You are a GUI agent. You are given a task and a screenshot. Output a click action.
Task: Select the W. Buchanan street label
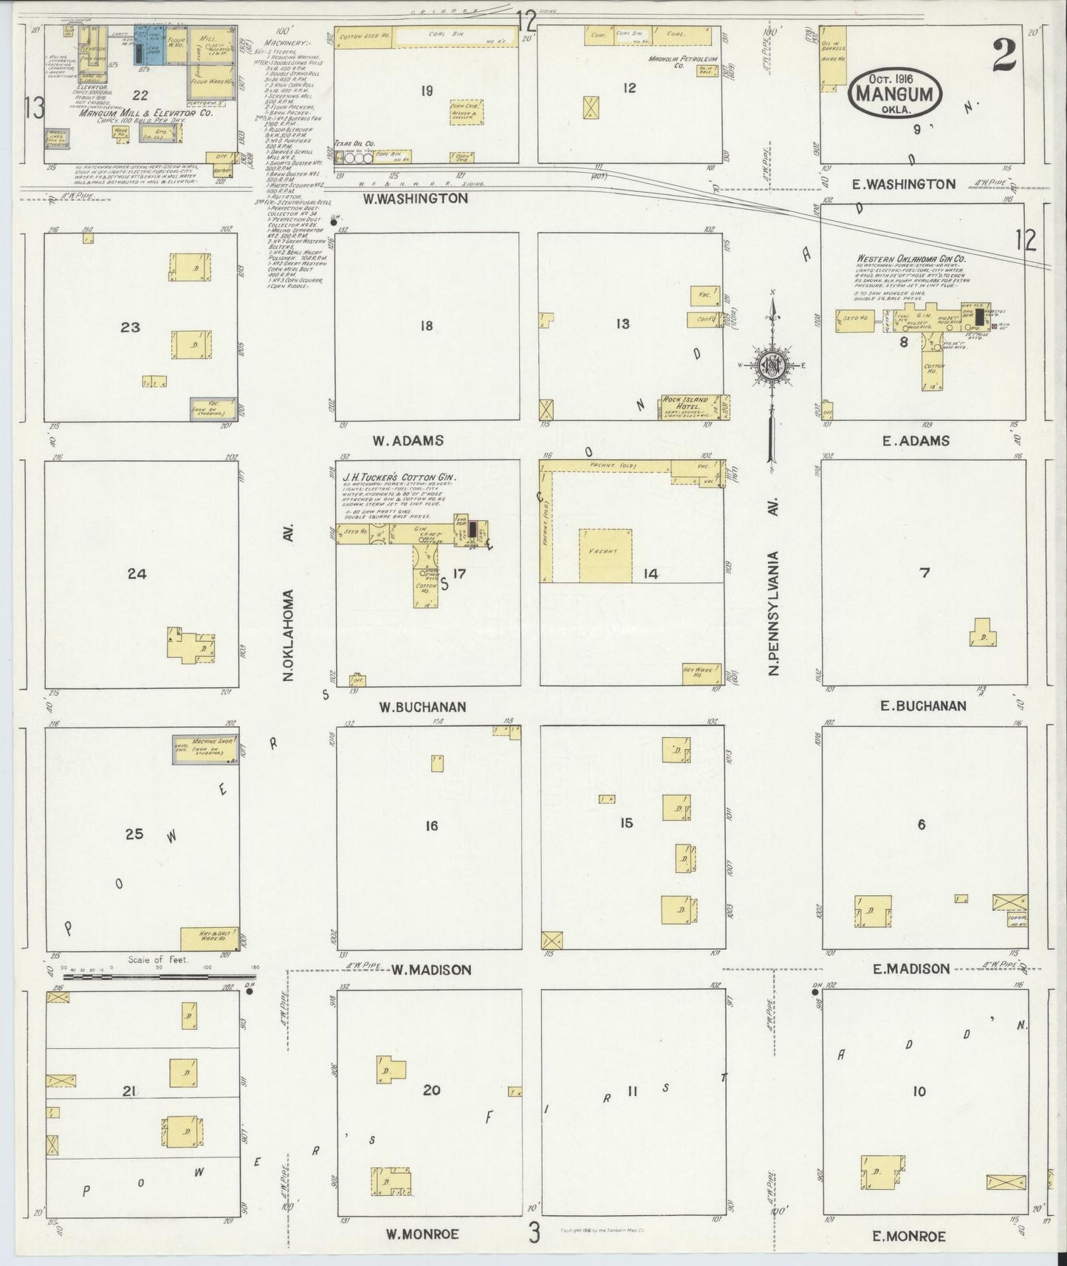(422, 707)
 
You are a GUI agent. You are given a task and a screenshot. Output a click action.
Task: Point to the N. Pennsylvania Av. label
(774, 612)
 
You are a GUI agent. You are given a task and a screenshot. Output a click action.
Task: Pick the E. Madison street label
(911, 968)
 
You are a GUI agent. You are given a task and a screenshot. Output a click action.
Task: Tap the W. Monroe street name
(422, 1234)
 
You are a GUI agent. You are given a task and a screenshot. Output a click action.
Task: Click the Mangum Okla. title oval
(897, 95)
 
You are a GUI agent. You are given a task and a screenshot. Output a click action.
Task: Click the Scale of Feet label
(158, 960)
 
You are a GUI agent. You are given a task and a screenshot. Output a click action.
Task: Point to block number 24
(137, 573)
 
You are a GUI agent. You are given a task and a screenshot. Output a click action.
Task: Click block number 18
(426, 326)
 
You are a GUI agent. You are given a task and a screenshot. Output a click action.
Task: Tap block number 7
(924, 572)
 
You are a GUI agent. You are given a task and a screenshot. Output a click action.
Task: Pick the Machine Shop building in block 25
(204, 749)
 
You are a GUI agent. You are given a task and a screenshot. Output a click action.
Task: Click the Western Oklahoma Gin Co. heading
(910, 259)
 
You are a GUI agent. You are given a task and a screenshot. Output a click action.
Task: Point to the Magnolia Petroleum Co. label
(678, 62)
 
